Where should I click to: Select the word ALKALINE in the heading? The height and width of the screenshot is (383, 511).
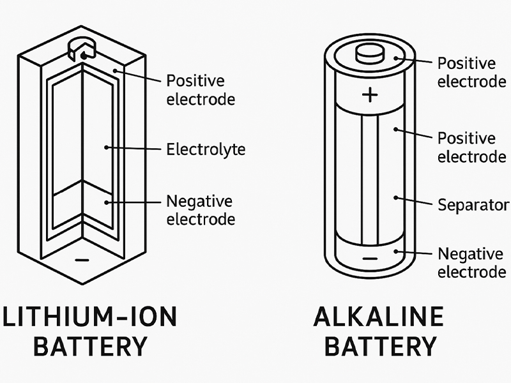[x=379, y=317]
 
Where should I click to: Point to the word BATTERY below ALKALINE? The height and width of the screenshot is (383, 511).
[x=380, y=348]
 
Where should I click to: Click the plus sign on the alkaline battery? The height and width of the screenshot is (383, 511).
[x=369, y=95]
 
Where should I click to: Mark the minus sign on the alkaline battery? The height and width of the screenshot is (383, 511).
[x=370, y=260]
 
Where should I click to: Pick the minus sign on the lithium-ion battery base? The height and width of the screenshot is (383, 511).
[x=80, y=260]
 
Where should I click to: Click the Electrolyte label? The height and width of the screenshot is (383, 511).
[x=205, y=150]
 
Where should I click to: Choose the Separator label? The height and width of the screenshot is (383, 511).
[x=473, y=205]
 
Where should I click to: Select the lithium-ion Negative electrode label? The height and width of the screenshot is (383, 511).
[x=201, y=210]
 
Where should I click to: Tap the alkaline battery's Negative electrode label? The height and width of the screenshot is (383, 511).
[x=471, y=263]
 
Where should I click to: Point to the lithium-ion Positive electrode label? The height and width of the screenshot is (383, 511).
[x=201, y=90]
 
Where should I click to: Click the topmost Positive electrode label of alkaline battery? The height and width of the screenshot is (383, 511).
[x=471, y=72]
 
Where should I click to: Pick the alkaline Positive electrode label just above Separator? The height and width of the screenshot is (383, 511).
[x=471, y=147]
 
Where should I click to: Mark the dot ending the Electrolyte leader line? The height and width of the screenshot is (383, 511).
[x=106, y=148]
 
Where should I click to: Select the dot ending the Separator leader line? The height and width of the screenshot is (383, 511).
[x=396, y=198]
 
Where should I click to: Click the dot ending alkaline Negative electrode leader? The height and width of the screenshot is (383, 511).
[x=397, y=252]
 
